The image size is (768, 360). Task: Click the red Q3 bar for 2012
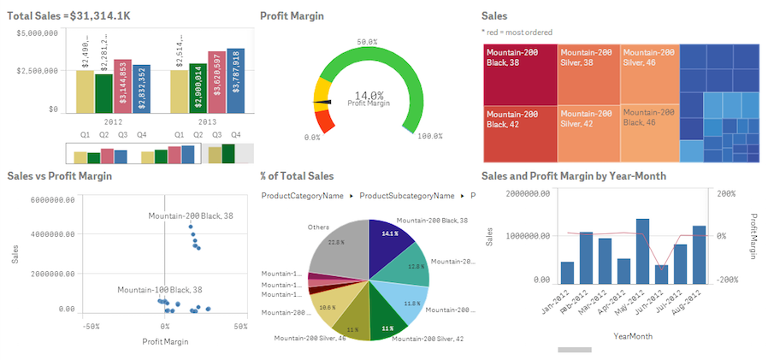pos(122,86)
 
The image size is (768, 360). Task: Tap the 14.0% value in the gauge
pos(369,95)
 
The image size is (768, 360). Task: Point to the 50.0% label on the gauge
pos(368,42)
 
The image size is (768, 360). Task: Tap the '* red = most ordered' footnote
pos(517,32)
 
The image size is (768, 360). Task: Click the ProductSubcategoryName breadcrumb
pos(410,196)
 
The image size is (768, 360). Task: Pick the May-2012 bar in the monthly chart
pos(642,251)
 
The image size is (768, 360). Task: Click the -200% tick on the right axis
pos(725,280)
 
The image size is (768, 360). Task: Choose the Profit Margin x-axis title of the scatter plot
pos(164,341)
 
